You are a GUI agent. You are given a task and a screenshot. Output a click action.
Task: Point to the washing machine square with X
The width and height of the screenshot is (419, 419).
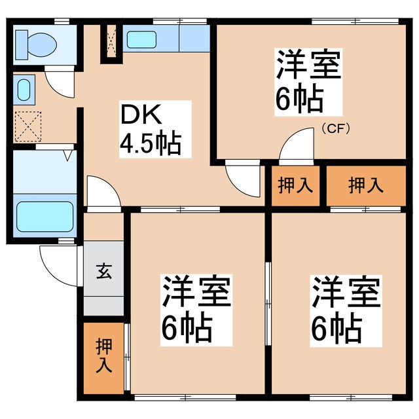(x=27, y=126)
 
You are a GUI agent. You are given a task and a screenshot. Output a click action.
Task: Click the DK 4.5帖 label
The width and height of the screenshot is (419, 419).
(x=150, y=129)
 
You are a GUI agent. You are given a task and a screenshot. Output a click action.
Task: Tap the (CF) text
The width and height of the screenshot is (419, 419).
(x=335, y=128)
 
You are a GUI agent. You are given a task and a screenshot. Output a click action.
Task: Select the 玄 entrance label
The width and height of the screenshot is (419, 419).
(x=104, y=270)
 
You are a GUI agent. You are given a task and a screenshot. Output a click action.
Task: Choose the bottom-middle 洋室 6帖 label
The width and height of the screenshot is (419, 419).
(x=196, y=308)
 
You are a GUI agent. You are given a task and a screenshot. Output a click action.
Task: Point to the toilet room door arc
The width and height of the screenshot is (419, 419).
(x=59, y=84)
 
